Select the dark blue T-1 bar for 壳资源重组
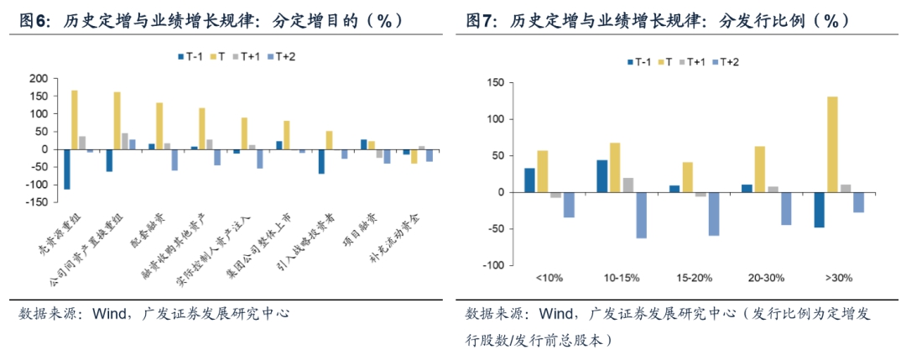click(x=67, y=169)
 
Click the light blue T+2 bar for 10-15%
click(x=641, y=215)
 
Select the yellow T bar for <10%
click(x=543, y=171)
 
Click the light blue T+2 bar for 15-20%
click(x=714, y=213)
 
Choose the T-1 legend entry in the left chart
click(x=192, y=56)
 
